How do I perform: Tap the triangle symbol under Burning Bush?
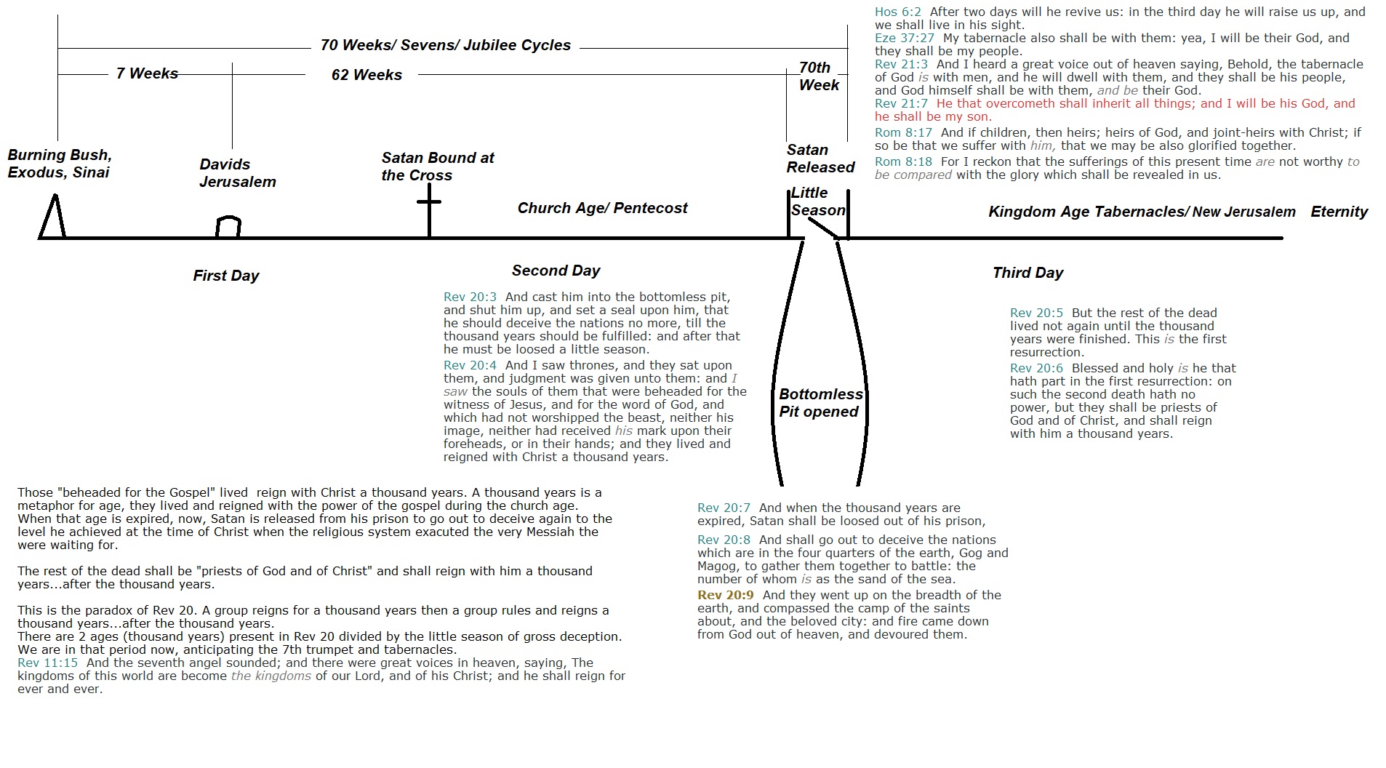(53, 217)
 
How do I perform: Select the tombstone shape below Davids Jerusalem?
(228, 227)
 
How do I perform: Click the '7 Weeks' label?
(147, 73)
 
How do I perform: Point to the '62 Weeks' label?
(366, 75)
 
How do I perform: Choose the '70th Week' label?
(818, 76)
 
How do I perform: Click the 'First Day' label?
(225, 276)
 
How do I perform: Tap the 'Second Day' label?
(556, 271)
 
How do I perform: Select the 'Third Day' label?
(1028, 273)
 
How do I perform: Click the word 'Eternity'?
(1339, 212)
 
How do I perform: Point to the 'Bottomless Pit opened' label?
(820, 403)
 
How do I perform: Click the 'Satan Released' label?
(820, 159)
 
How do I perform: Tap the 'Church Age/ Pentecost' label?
(602, 208)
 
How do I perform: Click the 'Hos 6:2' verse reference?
(897, 12)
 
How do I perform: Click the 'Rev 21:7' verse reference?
(901, 103)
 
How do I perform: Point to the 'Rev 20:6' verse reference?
(1036, 368)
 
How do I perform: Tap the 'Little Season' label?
(817, 201)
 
